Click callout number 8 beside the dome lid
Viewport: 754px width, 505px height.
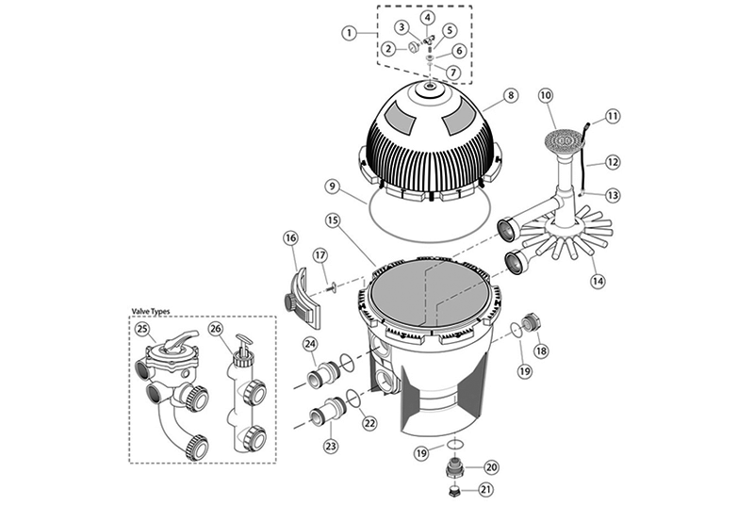(510, 95)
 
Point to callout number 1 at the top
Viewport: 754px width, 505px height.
(350, 33)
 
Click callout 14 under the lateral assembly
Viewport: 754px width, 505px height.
(598, 281)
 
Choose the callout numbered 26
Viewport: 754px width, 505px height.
(217, 329)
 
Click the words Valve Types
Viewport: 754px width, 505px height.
(151, 312)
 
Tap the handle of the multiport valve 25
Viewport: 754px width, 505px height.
(178, 339)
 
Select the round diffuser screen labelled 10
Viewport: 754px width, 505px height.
(563, 141)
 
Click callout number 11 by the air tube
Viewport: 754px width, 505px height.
(612, 116)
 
